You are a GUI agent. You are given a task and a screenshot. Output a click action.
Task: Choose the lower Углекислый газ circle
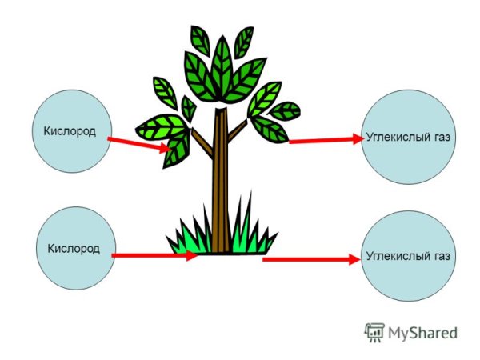pos(407,255)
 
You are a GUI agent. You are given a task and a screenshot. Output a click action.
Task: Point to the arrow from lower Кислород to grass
pos(152,255)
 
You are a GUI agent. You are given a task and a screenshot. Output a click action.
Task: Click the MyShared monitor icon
pos(374,331)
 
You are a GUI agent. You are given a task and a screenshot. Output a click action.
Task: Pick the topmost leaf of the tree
pos(199,38)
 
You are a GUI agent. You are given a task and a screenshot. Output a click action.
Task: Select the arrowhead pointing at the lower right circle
pos(353,259)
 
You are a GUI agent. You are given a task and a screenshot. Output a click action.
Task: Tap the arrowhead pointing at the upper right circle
pos(357,138)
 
